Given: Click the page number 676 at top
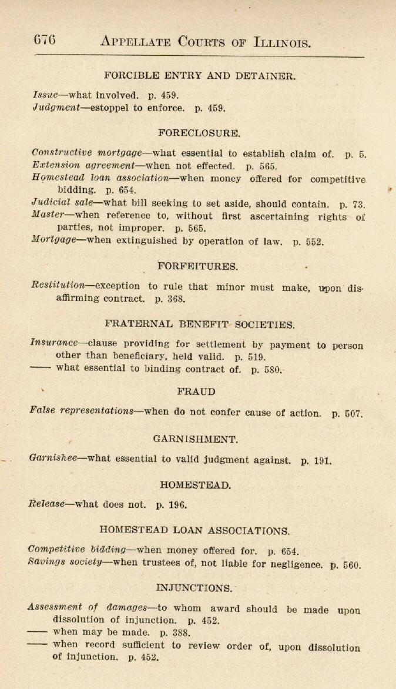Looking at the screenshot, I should click(45, 40).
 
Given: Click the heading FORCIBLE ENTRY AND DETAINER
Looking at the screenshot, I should click(200, 75).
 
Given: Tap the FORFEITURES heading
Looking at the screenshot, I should click(198, 266).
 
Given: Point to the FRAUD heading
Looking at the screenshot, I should click(196, 392).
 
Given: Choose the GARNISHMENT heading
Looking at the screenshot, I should click(196, 439).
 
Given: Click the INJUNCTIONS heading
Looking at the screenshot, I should click(194, 588).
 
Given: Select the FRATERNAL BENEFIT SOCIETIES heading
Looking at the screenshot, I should click(200, 324).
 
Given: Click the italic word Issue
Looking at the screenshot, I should click(45, 94).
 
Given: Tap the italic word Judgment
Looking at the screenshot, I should click(56, 108).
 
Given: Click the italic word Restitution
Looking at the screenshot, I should click(58, 286).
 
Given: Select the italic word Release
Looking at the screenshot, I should click(46, 504).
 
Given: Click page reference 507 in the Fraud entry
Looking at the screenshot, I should click(353, 413).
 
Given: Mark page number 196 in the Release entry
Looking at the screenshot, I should click(177, 504).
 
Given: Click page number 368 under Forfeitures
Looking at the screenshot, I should click(176, 299).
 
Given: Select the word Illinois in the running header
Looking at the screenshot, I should click(281, 42).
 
